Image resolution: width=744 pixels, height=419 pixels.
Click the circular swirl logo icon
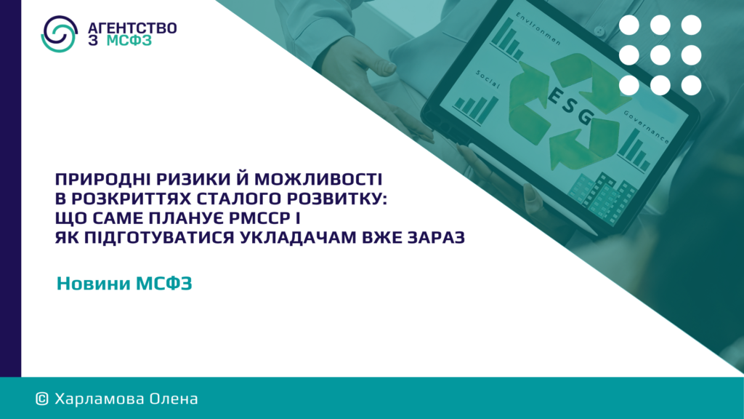[x=59, y=33]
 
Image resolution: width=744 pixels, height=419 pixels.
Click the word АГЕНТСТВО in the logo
[x=132, y=28]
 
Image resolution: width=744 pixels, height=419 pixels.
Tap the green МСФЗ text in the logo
[x=129, y=41]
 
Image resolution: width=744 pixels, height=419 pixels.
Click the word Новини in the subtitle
[x=94, y=283]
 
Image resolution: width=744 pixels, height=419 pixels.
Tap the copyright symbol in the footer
[x=42, y=399]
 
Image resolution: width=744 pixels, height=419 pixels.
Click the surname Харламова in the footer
[x=99, y=399]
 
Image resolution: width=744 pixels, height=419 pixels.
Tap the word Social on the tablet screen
[x=488, y=79]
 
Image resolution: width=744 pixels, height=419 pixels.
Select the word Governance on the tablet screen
[x=646, y=127]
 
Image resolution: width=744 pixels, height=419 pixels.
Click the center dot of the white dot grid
[x=660, y=55]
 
